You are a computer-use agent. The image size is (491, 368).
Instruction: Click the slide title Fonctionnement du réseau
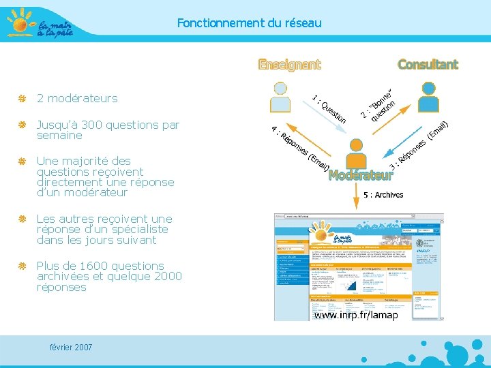pyautogui.click(x=249, y=23)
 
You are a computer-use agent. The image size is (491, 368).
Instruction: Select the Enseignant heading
pyautogui.click(x=289, y=65)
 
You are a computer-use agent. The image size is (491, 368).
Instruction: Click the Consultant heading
pyautogui.click(x=428, y=65)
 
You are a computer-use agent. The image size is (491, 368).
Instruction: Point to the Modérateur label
pyautogui.click(x=361, y=175)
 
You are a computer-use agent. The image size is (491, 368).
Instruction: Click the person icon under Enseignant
pyautogui.click(x=280, y=97)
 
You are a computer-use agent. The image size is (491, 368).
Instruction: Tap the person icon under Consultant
pyautogui.click(x=428, y=97)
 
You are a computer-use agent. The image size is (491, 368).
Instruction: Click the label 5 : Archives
pyautogui.click(x=383, y=195)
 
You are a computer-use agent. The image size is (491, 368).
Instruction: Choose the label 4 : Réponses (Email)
pyautogui.click(x=301, y=149)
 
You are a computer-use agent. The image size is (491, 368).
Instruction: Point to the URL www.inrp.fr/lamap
pyautogui.click(x=355, y=315)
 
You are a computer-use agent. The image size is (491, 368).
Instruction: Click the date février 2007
pyautogui.click(x=71, y=348)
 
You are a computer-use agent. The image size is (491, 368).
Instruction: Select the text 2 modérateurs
pyautogui.click(x=77, y=98)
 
